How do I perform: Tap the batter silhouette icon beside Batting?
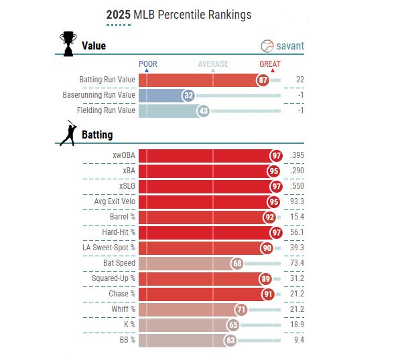click(68, 134)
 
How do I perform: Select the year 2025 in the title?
click(119, 14)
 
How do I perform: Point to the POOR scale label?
click(147, 64)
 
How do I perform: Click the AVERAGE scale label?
click(212, 64)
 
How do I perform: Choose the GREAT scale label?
click(270, 64)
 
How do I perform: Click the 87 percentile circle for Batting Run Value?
click(263, 80)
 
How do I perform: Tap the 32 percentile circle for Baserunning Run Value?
click(189, 96)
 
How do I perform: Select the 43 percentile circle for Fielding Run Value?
click(204, 110)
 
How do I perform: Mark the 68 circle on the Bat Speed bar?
click(237, 263)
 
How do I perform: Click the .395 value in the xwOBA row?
click(297, 156)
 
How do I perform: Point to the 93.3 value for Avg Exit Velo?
click(297, 202)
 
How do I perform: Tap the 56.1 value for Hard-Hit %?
click(297, 232)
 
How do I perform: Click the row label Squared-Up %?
click(113, 278)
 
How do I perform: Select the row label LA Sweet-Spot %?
click(110, 248)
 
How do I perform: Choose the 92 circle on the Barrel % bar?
click(269, 217)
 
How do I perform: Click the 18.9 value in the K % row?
click(297, 325)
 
